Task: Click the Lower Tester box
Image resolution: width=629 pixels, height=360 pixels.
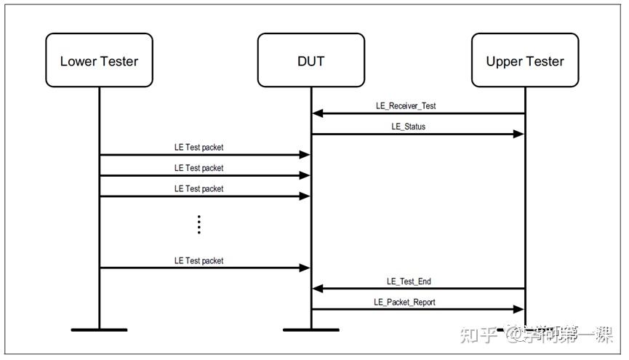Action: click(x=99, y=60)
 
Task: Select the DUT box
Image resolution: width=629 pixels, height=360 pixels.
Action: click(x=311, y=60)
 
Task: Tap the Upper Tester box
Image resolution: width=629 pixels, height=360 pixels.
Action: click(x=524, y=60)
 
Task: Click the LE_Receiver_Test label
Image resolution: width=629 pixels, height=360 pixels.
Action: click(x=406, y=105)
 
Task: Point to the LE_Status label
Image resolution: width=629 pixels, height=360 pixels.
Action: click(x=408, y=127)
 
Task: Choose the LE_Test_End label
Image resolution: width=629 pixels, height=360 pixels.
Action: click(x=409, y=281)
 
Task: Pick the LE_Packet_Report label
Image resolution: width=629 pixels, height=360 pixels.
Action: click(x=404, y=302)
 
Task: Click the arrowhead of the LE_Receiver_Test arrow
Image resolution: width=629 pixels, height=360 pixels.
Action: click(x=316, y=113)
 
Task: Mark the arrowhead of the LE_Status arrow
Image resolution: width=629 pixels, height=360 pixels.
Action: click(x=519, y=134)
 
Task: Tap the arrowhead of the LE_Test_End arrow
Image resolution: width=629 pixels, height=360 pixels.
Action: click(x=316, y=289)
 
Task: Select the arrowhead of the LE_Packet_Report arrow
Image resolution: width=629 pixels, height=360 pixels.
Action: click(x=519, y=309)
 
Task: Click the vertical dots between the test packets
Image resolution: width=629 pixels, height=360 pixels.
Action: click(x=199, y=225)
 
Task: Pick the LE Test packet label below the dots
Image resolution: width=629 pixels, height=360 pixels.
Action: click(x=199, y=260)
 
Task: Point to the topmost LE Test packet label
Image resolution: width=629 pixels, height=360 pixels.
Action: click(x=199, y=147)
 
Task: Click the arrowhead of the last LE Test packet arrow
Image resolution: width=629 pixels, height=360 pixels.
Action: click(x=305, y=268)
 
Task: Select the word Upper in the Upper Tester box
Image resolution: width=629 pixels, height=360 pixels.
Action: click(x=504, y=61)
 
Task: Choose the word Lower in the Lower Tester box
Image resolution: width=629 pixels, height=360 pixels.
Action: click(x=78, y=61)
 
